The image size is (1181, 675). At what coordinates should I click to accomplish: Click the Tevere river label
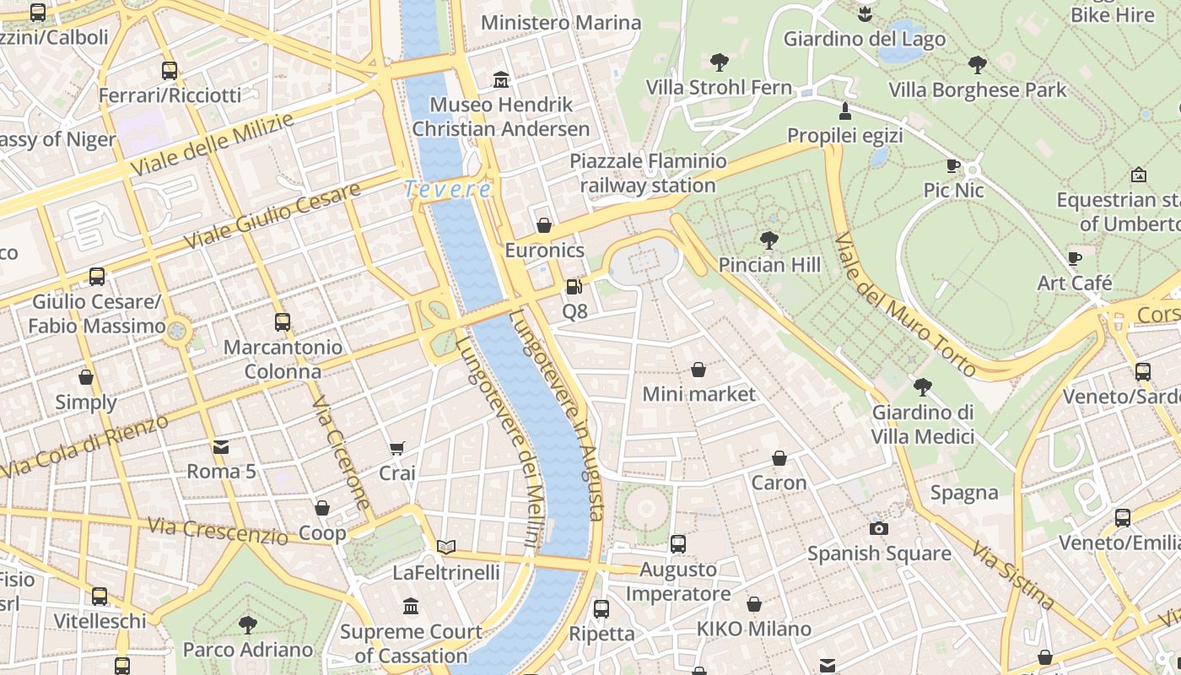point(448,189)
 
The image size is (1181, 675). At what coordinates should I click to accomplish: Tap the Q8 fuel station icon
point(574,287)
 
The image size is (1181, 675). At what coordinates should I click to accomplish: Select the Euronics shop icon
point(544,225)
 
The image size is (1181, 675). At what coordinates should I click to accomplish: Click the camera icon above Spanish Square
point(879,528)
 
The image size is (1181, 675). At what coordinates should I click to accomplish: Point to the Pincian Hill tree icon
point(768,240)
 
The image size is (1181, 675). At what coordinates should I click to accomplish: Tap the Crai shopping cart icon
point(396,448)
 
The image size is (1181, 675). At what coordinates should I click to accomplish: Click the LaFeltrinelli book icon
point(446,547)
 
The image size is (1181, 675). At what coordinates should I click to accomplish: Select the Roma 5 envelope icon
point(221,446)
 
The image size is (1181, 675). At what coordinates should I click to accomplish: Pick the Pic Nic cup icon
point(953,165)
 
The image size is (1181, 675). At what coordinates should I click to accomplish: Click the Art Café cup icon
point(1074,258)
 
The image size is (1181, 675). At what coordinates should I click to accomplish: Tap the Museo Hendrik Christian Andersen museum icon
point(501,79)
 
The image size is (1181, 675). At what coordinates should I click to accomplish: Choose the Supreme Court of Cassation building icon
point(411,606)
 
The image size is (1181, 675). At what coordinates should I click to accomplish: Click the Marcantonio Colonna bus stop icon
point(283,321)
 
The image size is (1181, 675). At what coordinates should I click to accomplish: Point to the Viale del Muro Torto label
point(903,304)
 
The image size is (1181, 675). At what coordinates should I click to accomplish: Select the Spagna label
point(964,492)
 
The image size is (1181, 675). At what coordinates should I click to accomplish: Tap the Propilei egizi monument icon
point(844,111)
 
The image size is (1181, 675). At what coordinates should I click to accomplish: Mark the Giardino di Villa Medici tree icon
point(922,387)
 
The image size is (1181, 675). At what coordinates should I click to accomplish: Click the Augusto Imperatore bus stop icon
point(677,544)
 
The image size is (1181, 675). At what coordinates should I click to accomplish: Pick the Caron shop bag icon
point(779,458)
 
